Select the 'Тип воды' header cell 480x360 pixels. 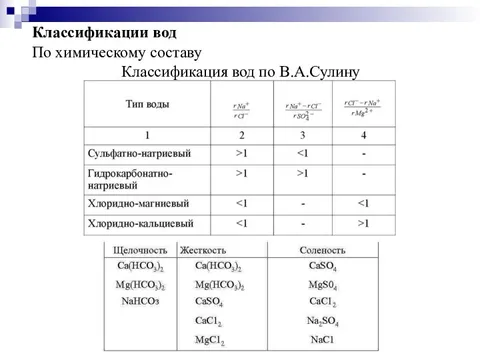[x=147, y=104]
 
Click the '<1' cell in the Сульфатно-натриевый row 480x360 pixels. [x=302, y=154]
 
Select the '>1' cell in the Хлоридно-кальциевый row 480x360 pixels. [x=363, y=223]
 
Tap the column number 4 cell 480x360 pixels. [x=363, y=135]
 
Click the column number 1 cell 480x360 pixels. [x=147, y=135]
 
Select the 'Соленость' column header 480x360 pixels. [x=322, y=249]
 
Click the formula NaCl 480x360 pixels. [x=322, y=340]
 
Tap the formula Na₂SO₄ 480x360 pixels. [x=322, y=320]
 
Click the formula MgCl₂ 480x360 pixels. [x=209, y=340]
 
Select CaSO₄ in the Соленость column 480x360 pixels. [x=322, y=267]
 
